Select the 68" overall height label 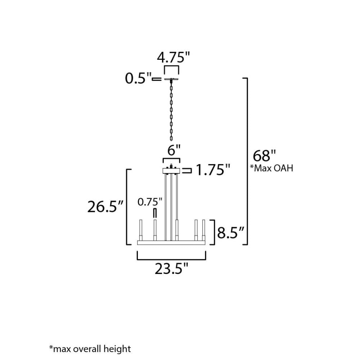click(264, 156)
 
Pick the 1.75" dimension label click(212, 170)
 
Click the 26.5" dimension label click(105, 207)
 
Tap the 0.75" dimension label click(150, 202)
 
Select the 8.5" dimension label click(231, 233)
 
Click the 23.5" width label click(172, 269)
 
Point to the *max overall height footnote click(90, 348)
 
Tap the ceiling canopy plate click(172, 79)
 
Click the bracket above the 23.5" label click(171, 258)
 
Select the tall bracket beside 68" click(247, 161)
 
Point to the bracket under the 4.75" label click(171, 68)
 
